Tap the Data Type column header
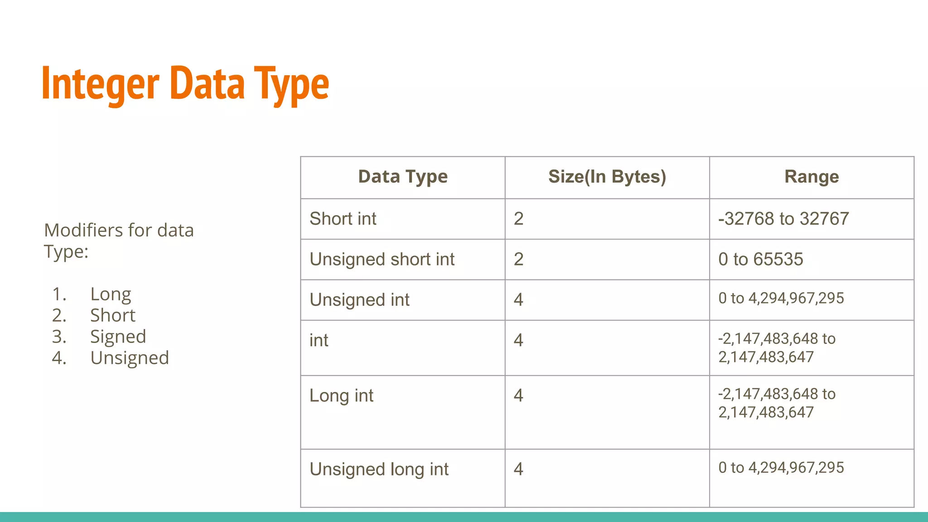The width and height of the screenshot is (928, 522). click(402, 177)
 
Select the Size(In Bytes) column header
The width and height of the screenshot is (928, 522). click(607, 177)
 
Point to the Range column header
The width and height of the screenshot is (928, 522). click(811, 177)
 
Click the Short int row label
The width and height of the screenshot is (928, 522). click(343, 219)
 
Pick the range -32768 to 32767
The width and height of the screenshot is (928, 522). click(783, 219)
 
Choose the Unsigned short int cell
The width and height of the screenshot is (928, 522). click(382, 260)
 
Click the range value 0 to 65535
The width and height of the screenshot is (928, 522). click(760, 260)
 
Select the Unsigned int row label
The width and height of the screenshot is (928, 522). click(359, 300)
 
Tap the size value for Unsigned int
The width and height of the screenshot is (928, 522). click(518, 300)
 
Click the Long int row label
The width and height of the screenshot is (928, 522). click(341, 396)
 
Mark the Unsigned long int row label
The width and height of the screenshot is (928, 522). click(379, 469)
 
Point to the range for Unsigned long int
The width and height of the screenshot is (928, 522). click(781, 468)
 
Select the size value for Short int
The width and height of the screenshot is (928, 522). click(518, 219)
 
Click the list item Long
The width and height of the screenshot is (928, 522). click(111, 295)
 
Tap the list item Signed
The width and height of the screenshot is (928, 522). click(118, 337)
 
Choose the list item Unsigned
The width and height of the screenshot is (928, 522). click(130, 358)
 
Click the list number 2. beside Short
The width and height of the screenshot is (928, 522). click(59, 315)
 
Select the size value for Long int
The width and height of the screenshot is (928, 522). click(518, 396)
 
